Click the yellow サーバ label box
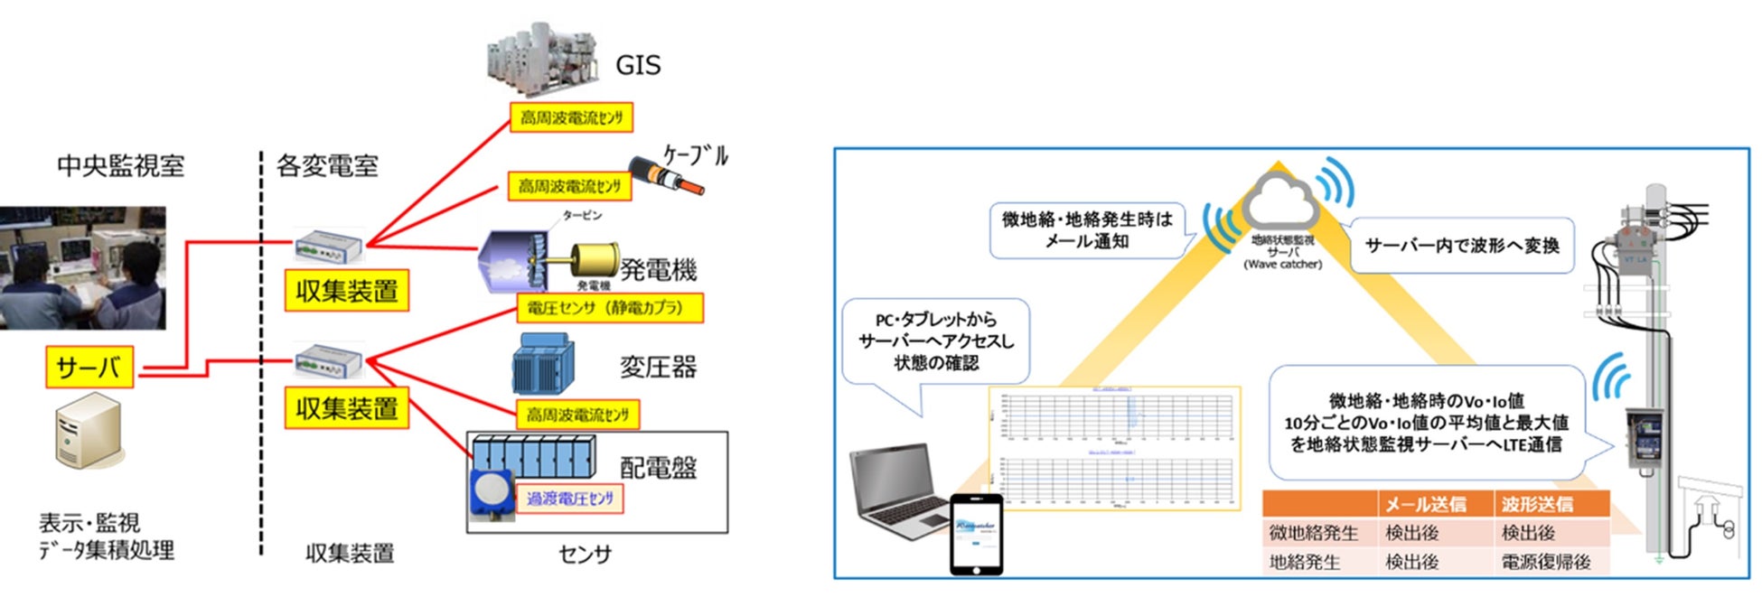coord(89,368)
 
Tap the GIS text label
coord(638,65)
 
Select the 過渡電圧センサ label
coord(569,499)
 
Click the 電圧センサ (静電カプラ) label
coord(609,308)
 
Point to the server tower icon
coord(87,434)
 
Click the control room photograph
coord(82,267)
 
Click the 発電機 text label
coord(658,269)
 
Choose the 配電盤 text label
coord(658,467)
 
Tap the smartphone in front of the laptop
coord(976,533)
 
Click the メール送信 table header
coord(1425,504)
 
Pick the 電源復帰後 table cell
coord(1545,562)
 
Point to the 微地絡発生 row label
coord(1313,533)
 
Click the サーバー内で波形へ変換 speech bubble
coord(1461,246)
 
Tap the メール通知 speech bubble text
coord(1086,230)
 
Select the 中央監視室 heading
coord(120,165)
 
